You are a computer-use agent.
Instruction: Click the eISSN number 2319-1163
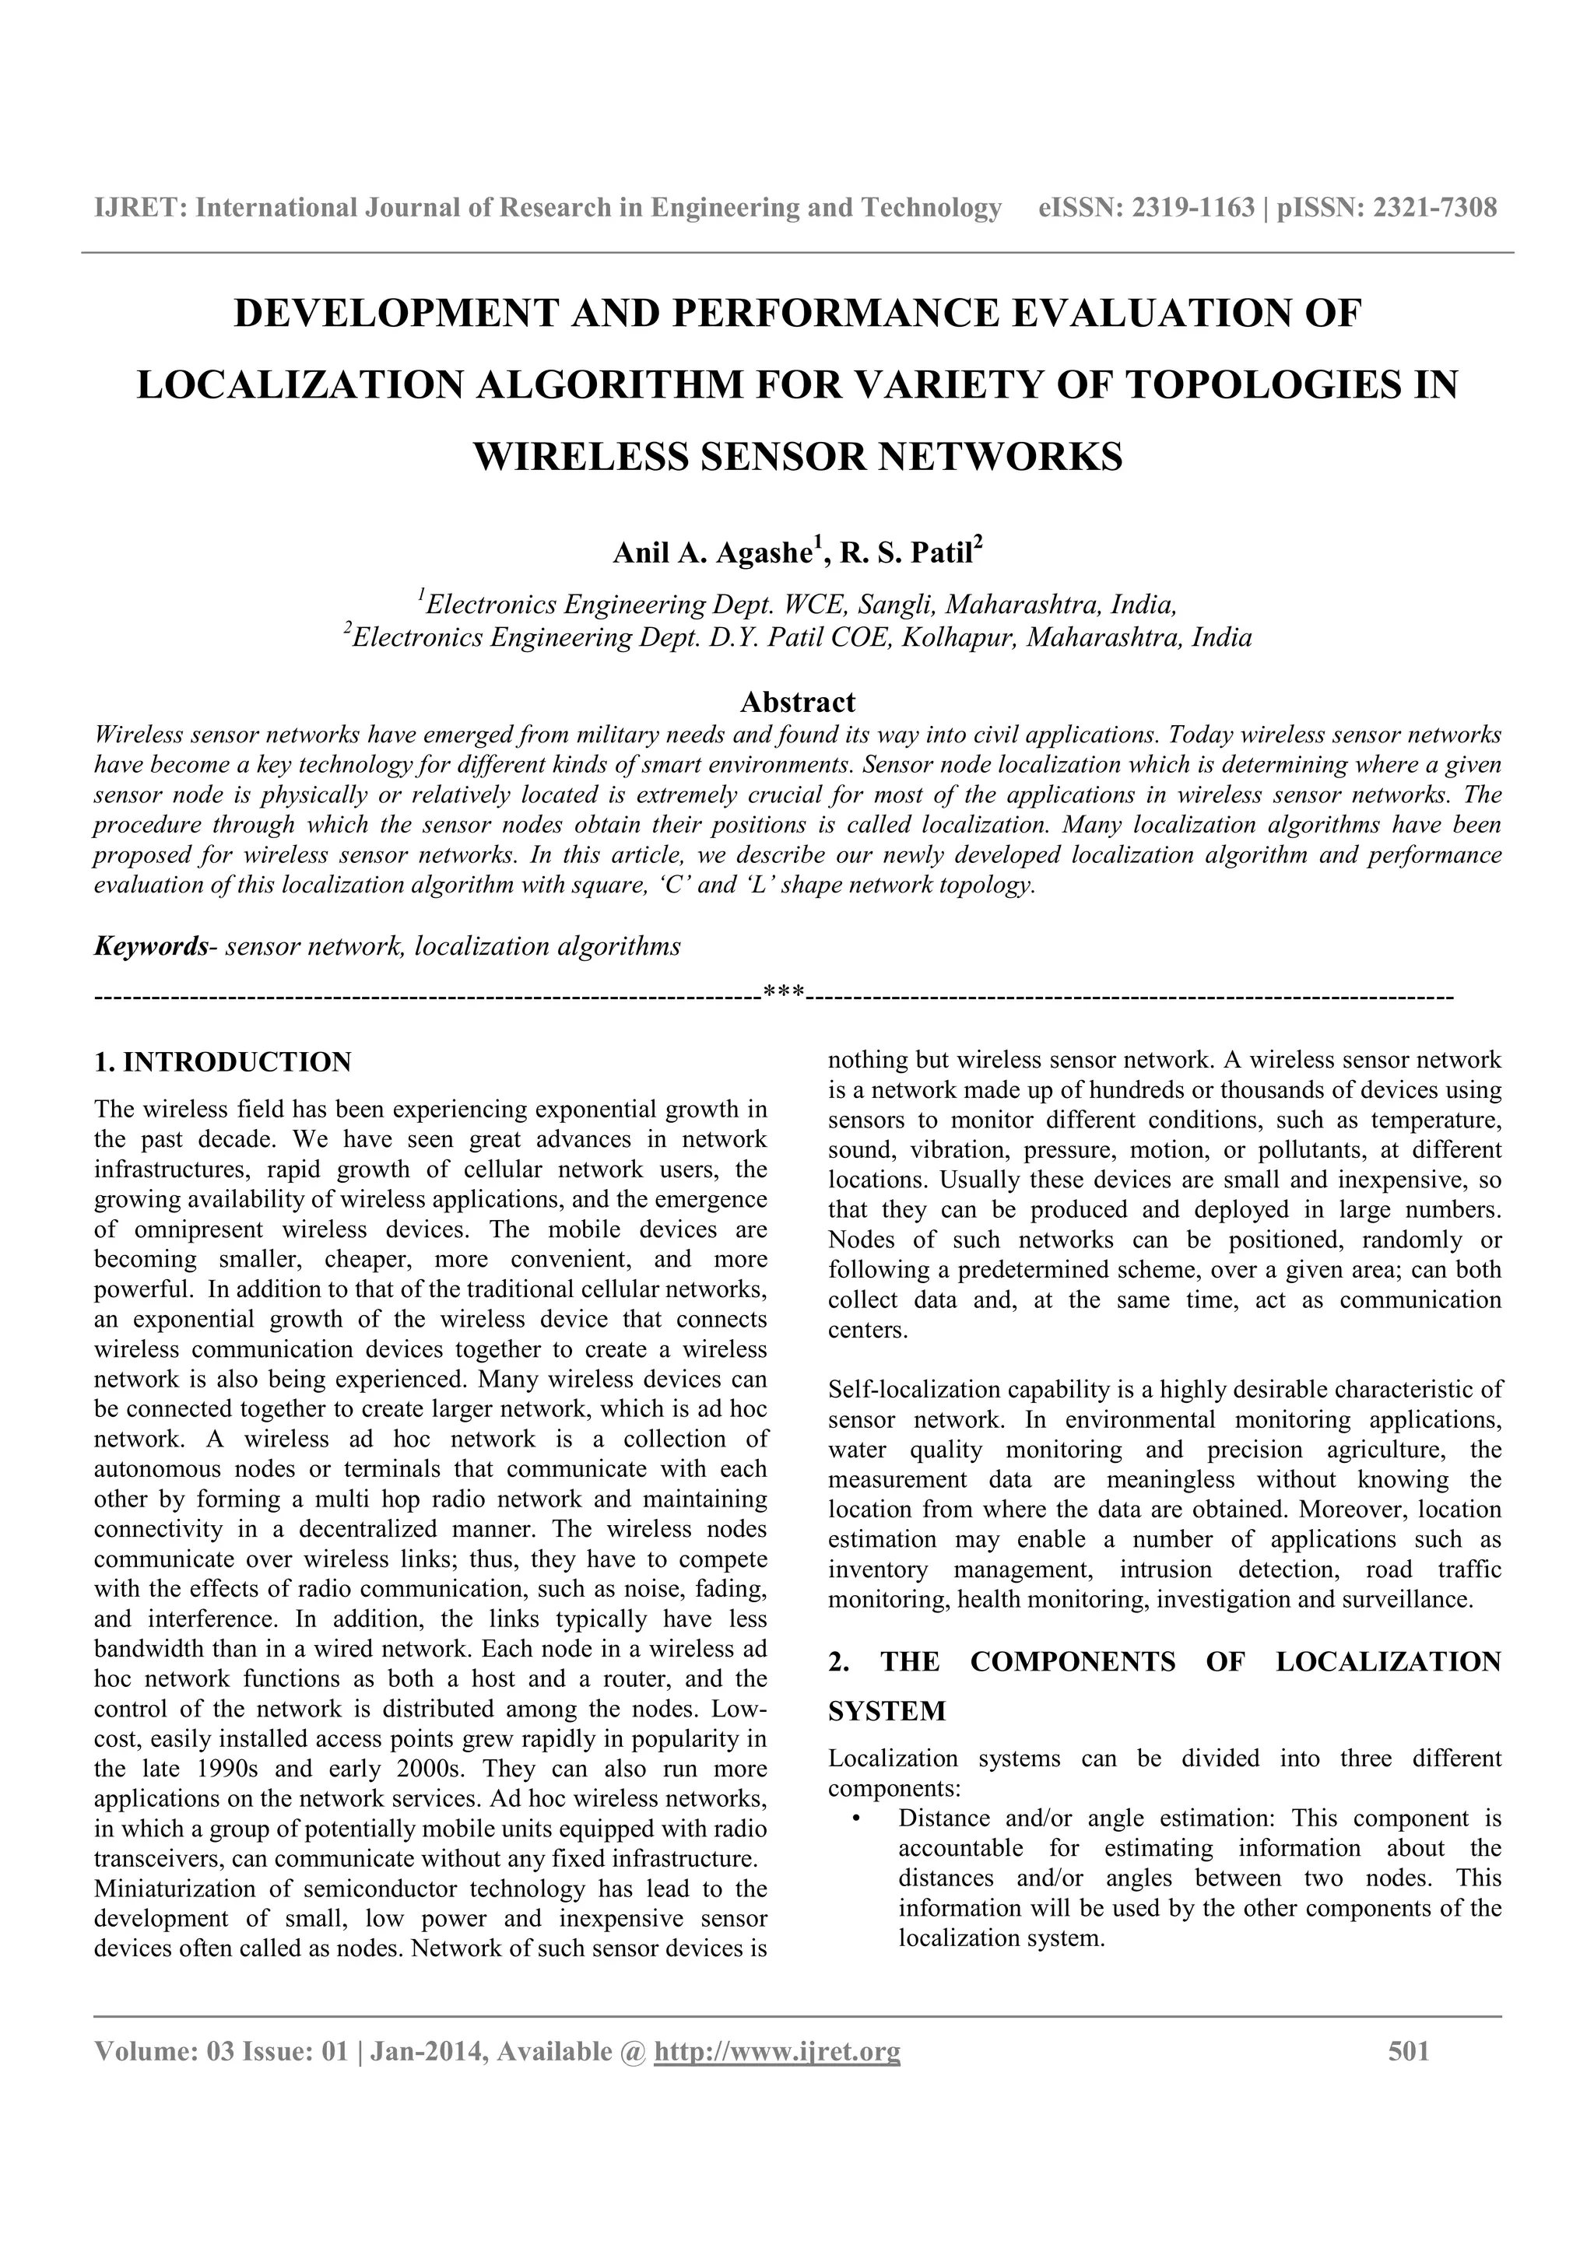coord(1193,209)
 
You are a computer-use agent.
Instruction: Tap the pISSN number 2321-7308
coord(1435,209)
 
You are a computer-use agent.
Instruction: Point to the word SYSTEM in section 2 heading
coord(887,1712)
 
